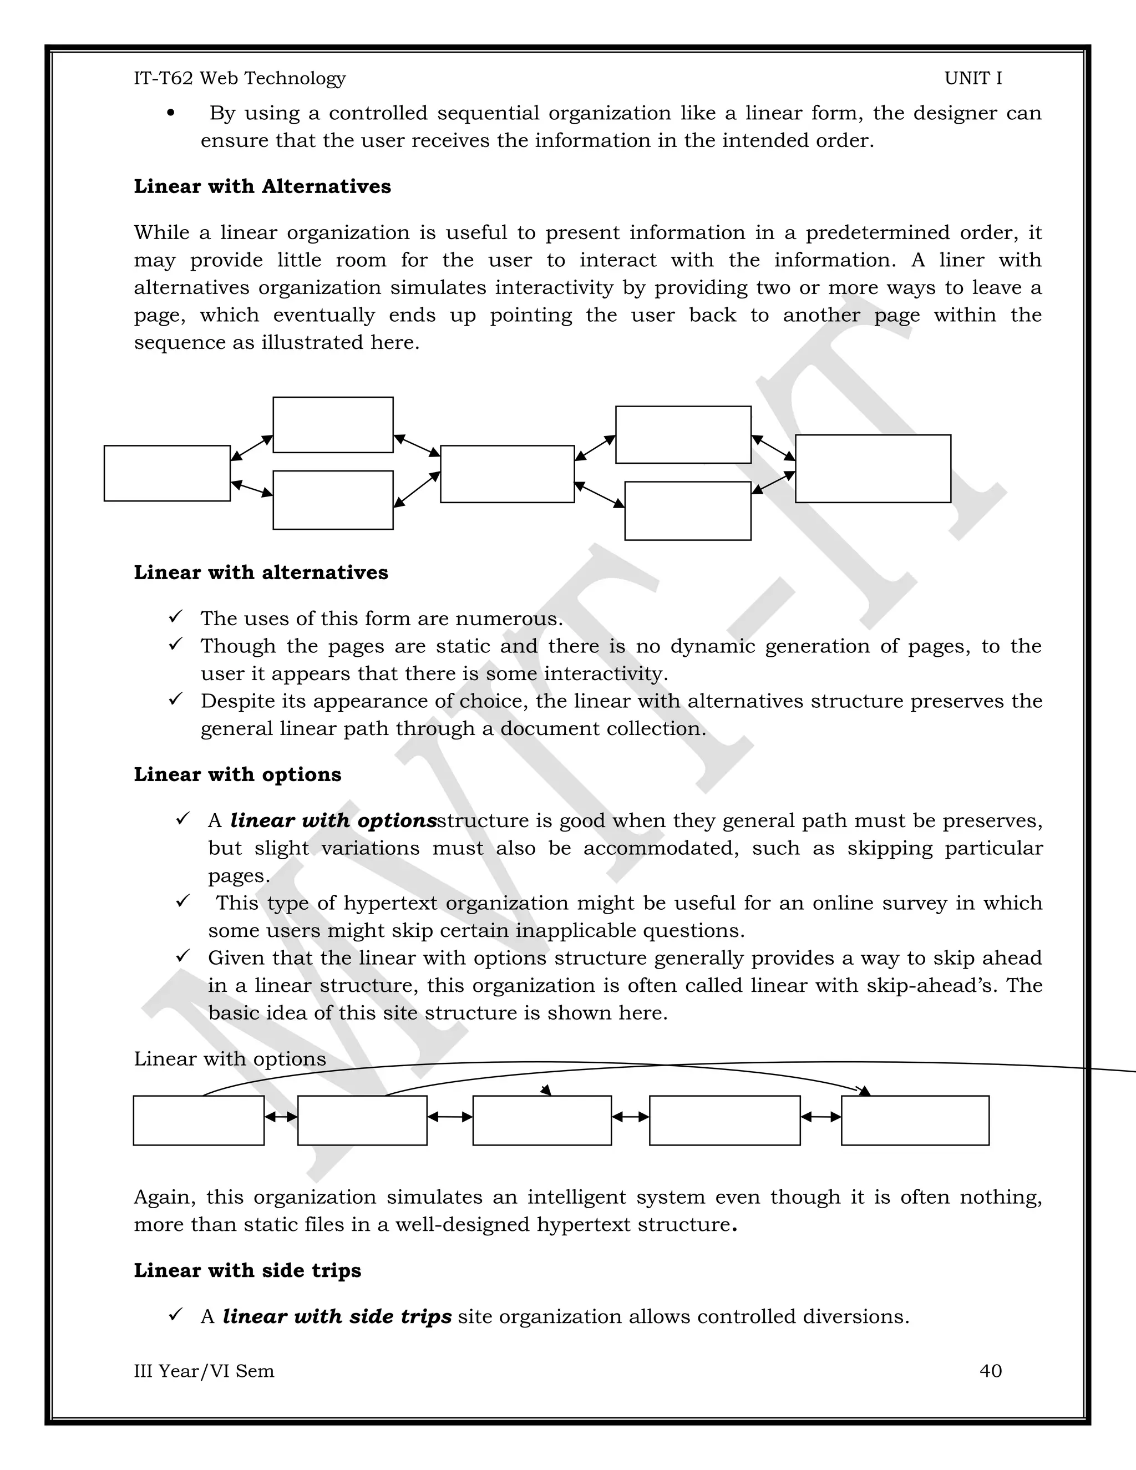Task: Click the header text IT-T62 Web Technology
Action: pos(240,78)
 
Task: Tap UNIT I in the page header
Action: pos(972,78)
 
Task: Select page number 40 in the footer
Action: pos(990,1370)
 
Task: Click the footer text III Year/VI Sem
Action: pos(204,1370)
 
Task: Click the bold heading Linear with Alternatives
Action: pos(262,186)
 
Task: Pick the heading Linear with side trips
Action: pos(247,1270)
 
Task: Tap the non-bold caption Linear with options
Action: pos(230,1059)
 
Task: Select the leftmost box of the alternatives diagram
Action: pos(167,473)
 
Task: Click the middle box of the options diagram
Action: pos(542,1120)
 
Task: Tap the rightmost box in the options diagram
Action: pos(915,1120)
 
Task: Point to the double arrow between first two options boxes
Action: pos(281,1117)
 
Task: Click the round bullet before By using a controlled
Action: pos(171,114)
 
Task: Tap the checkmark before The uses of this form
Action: pos(176,616)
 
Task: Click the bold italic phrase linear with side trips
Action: pos(337,1316)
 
